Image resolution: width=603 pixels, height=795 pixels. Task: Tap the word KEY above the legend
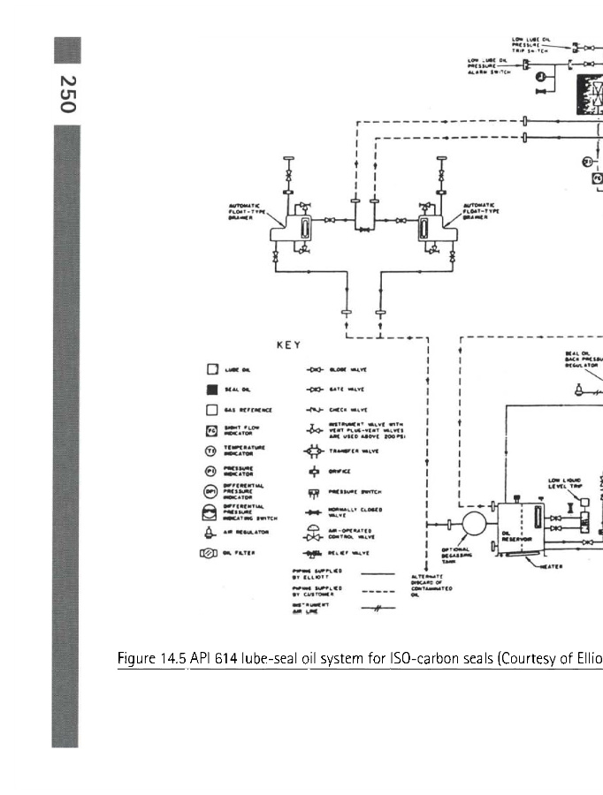point(287,345)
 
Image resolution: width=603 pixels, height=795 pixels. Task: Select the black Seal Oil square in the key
point(211,389)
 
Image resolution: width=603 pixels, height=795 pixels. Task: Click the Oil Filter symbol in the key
point(209,554)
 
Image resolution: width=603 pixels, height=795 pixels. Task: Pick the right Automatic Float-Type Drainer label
point(482,213)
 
